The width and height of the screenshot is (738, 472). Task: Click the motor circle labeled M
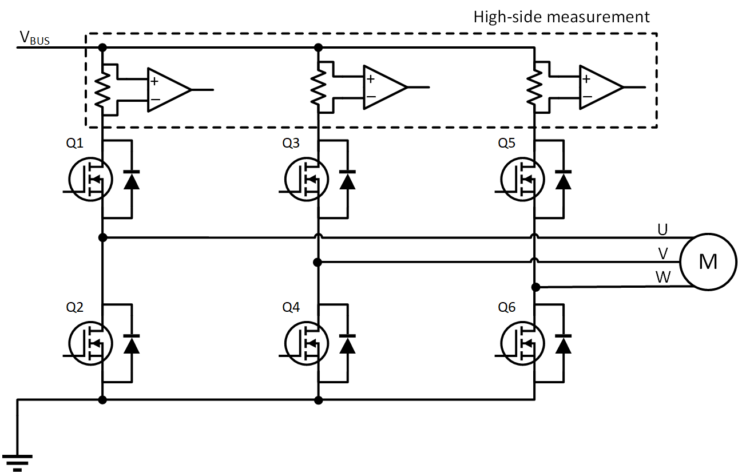click(x=708, y=261)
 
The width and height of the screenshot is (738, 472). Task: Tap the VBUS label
click(x=34, y=38)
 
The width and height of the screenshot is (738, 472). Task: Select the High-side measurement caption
click(x=561, y=17)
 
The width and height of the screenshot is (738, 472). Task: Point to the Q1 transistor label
click(x=74, y=144)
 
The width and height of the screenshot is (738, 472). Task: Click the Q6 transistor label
click(x=506, y=307)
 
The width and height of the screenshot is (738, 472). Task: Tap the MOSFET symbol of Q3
click(x=307, y=179)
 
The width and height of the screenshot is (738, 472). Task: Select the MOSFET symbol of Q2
click(x=90, y=343)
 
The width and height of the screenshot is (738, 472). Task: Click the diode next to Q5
click(x=564, y=180)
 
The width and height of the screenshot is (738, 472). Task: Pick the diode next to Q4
click(x=347, y=344)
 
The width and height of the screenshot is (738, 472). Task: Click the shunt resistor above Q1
click(x=102, y=89)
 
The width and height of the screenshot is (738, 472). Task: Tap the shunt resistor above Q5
click(x=534, y=89)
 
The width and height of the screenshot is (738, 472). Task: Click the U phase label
click(x=662, y=229)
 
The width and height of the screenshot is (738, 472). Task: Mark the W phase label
click(x=663, y=277)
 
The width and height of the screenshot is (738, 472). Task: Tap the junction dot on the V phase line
click(x=318, y=262)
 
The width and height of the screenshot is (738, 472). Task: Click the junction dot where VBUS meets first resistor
click(x=103, y=47)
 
